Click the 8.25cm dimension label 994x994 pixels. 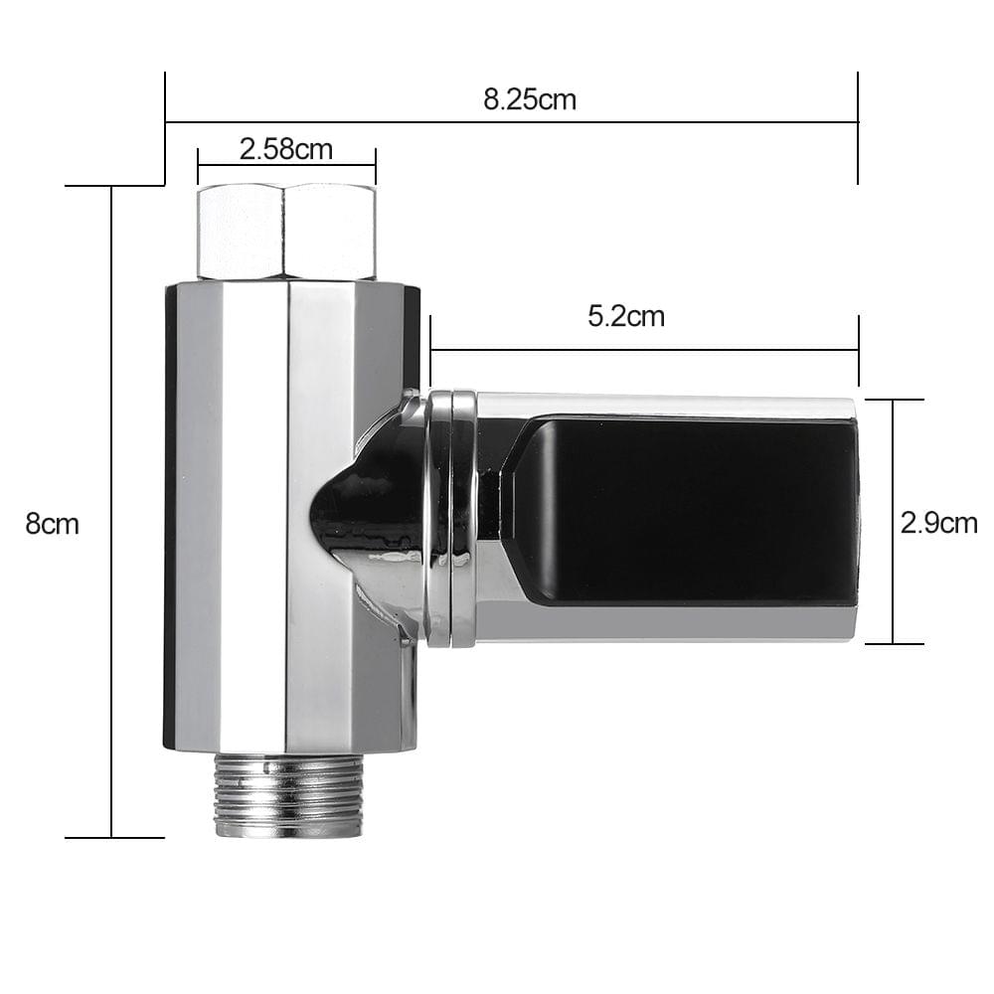pos(530,99)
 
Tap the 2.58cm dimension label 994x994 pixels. pos(285,150)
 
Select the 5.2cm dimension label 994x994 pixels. pos(626,317)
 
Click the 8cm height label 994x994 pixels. pos(52,524)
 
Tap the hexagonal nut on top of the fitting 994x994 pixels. pos(286,232)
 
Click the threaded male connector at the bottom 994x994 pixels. pos(288,795)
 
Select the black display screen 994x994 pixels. pos(686,510)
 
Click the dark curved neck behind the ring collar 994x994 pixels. pos(368,517)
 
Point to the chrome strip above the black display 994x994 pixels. pos(666,405)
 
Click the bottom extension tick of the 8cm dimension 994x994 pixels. pos(114,837)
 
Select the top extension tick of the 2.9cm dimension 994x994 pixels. pos(894,400)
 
